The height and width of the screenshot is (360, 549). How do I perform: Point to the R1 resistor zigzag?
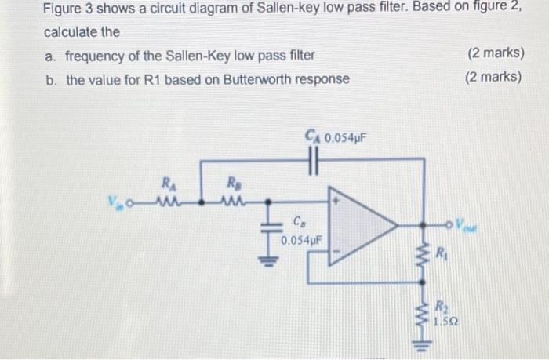tap(426, 253)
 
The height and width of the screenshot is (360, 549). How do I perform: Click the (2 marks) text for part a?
tap(494, 55)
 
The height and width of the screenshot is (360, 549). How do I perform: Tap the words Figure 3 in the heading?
tap(71, 11)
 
